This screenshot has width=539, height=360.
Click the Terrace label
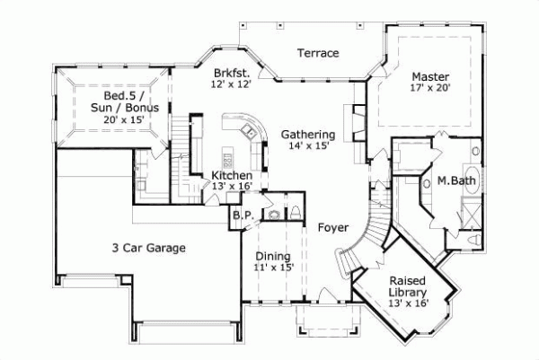[x=319, y=53]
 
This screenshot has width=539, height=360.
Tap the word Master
[x=429, y=76]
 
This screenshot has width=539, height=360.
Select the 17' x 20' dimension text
[x=429, y=89]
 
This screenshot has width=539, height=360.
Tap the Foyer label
[x=333, y=227]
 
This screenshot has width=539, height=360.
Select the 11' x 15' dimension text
[x=273, y=267]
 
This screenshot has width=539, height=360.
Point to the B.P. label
[x=241, y=216]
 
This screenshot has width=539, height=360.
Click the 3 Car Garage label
[x=149, y=248]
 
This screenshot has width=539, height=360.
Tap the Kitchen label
[x=232, y=175]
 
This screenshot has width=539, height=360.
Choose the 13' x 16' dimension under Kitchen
[x=232, y=186]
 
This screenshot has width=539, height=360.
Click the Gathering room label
[x=308, y=135]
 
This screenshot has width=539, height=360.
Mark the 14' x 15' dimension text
[x=308, y=146]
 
